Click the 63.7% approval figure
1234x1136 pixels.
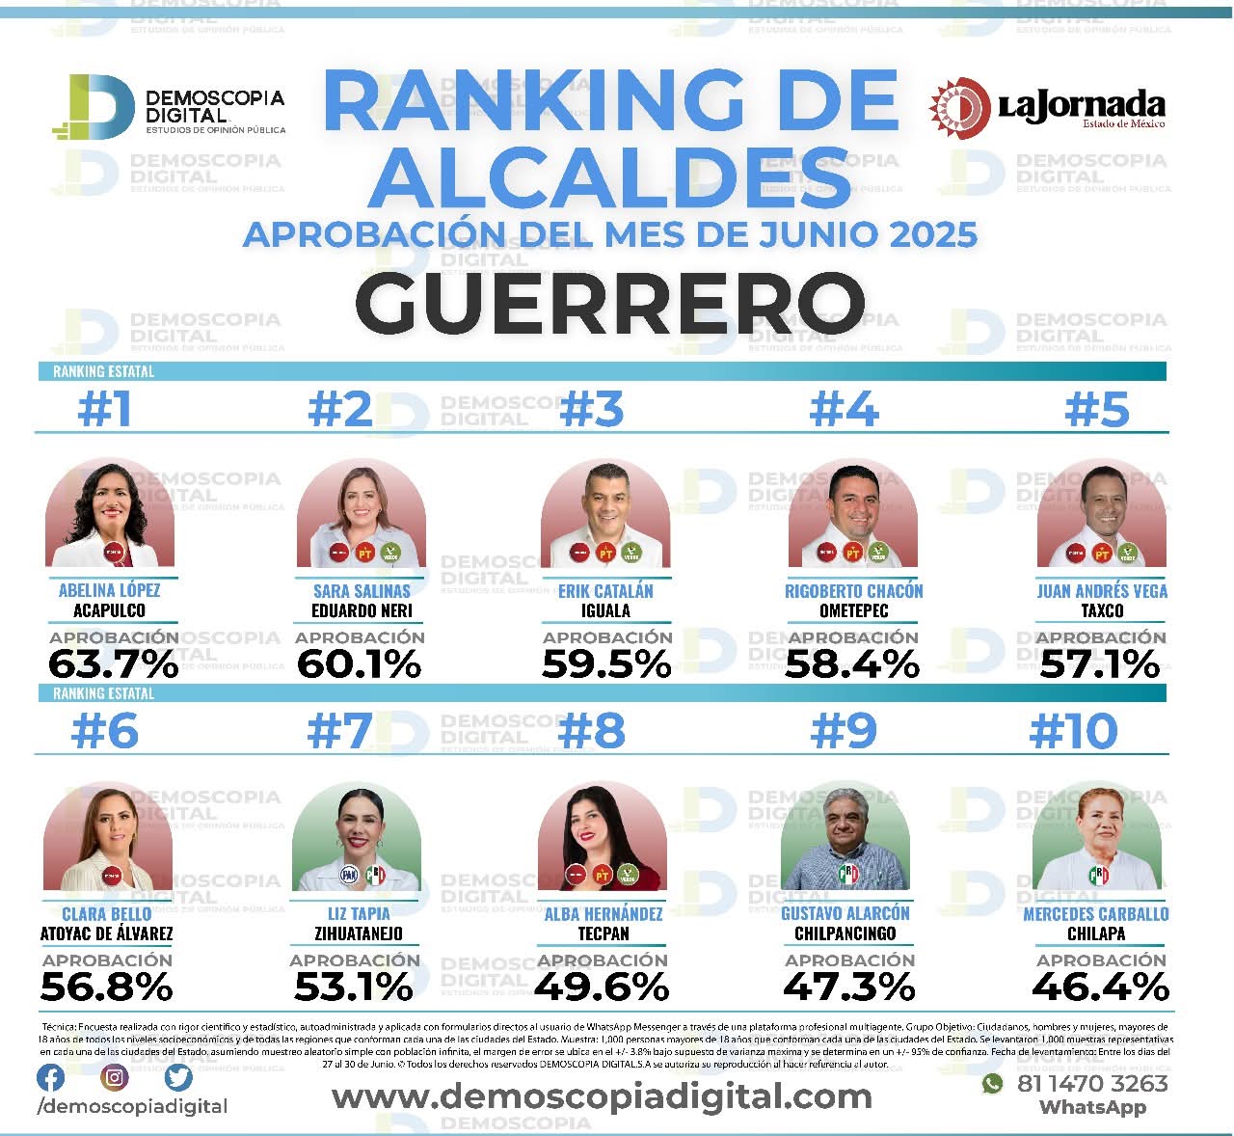(x=114, y=664)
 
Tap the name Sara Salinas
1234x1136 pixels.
(x=362, y=591)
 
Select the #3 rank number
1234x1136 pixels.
(x=591, y=410)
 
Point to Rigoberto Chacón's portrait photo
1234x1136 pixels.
(x=852, y=516)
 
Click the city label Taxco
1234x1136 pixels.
(x=1101, y=610)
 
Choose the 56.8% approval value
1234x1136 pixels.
(x=107, y=987)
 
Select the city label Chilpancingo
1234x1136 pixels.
(x=845, y=933)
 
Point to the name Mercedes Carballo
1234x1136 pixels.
(x=1095, y=913)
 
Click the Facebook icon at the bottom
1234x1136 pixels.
(x=51, y=1077)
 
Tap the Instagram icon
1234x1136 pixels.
(x=115, y=1077)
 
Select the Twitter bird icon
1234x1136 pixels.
(x=178, y=1077)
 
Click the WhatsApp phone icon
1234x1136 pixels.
(x=992, y=1084)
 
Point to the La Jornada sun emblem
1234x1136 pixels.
(x=958, y=107)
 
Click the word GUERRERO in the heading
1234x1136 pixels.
(x=611, y=302)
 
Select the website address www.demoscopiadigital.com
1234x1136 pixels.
(x=602, y=1095)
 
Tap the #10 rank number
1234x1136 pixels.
(x=1073, y=732)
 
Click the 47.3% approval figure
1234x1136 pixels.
(x=848, y=987)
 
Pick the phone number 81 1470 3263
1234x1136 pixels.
(x=1092, y=1083)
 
